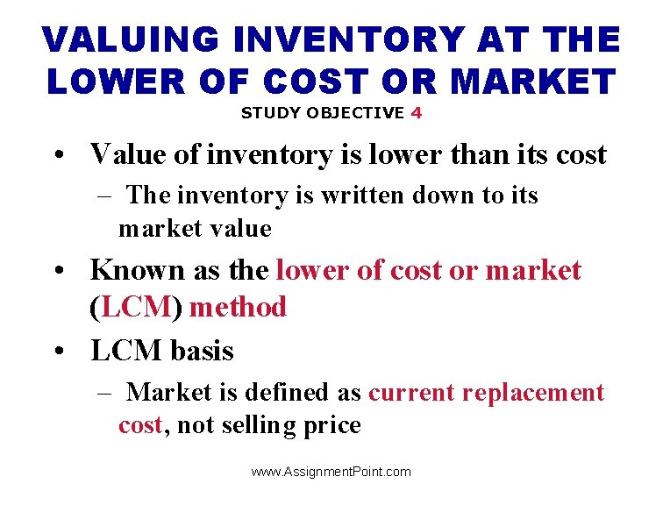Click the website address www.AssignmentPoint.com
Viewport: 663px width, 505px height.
tap(331, 472)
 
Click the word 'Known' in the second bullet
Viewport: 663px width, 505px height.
tap(134, 270)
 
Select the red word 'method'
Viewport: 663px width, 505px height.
tap(238, 308)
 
